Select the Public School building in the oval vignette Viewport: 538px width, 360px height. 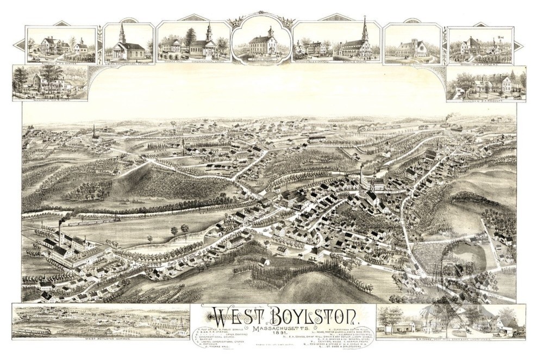click(262, 44)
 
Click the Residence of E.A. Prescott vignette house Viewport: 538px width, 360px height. click(492, 84)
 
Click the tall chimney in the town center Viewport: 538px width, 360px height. click(360, 174)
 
